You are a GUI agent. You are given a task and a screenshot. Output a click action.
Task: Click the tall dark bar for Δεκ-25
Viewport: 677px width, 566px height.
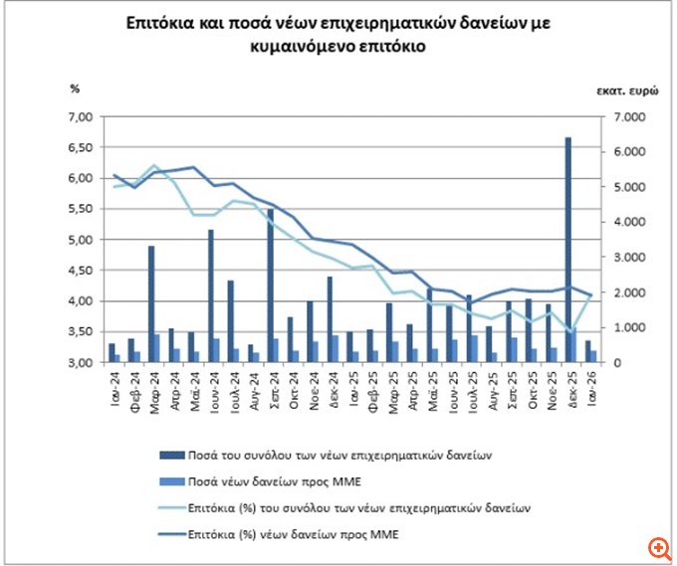click(567, 249)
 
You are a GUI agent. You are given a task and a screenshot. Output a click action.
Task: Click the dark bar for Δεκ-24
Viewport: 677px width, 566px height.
click(330, 319)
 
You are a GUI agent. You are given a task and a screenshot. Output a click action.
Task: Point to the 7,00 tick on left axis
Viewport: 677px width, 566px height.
click(79, 117)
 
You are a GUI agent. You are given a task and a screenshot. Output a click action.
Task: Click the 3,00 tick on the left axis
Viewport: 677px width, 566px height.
click(79, 363)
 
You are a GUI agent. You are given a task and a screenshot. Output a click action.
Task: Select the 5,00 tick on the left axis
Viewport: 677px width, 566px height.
click(79, 240)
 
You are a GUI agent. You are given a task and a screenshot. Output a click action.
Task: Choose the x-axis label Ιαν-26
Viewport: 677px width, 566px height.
click(591, 384)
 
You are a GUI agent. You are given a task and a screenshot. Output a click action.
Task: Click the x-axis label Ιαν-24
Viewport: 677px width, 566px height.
click(113, 384)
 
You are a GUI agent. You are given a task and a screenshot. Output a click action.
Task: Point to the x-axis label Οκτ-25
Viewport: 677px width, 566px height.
click(532, 384)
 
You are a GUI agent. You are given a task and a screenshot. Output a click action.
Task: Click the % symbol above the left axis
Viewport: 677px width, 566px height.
click(74, 88)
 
